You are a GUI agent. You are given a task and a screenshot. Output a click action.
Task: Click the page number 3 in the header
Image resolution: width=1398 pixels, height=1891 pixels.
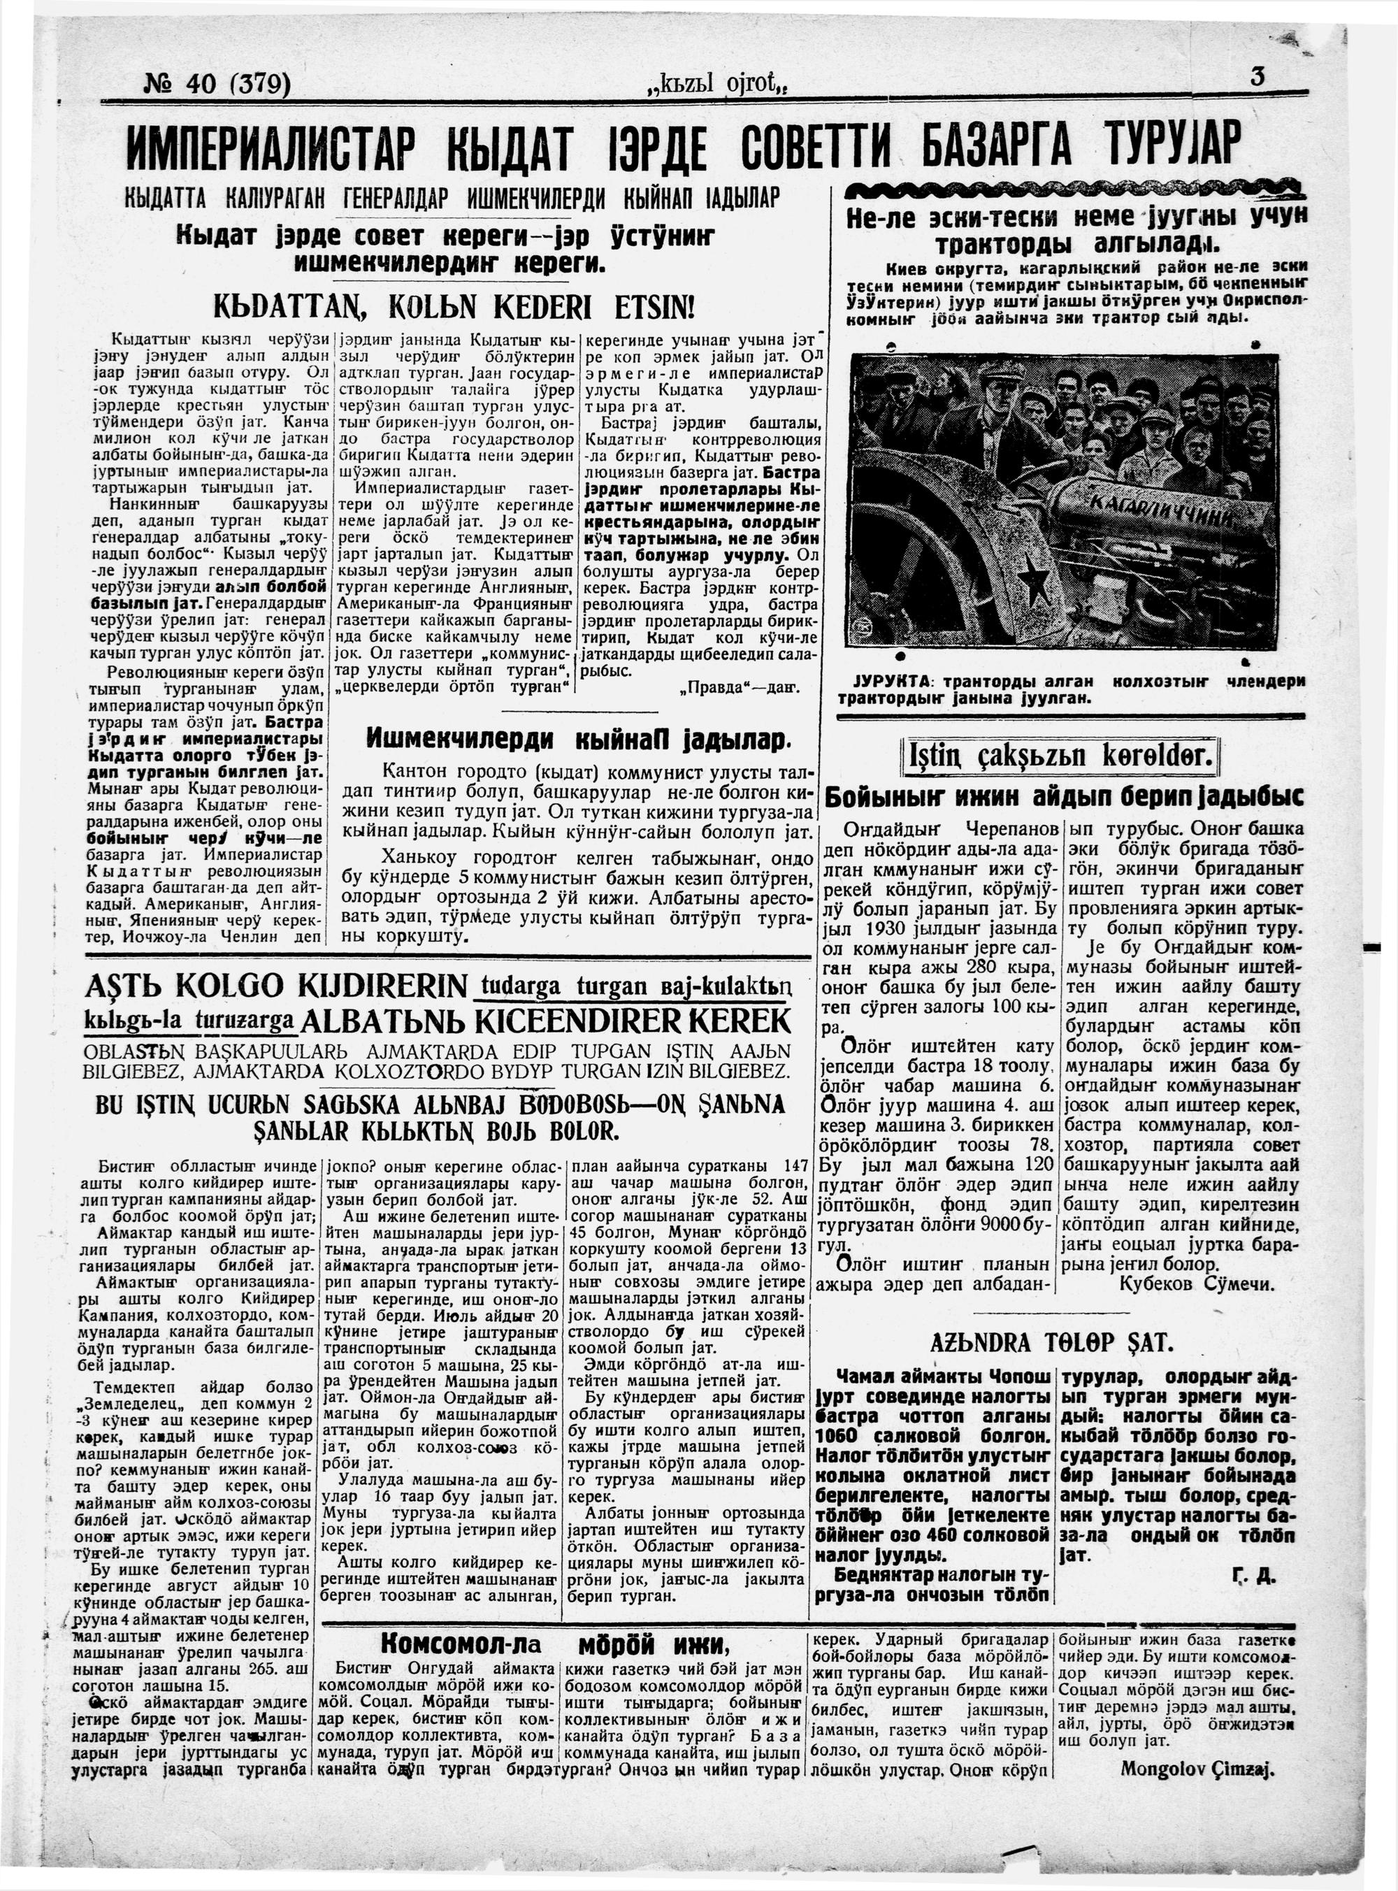[x=1257, y=77]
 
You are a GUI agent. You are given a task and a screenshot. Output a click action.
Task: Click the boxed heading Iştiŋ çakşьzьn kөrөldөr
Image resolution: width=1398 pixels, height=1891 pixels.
[x=1061, y=754]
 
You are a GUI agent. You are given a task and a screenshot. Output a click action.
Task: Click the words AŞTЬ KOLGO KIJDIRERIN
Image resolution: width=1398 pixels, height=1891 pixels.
[x=276, y=986]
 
